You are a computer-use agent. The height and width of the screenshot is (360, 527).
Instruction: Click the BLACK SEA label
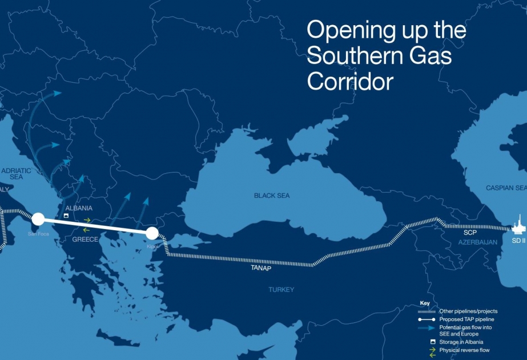tap(271, 195)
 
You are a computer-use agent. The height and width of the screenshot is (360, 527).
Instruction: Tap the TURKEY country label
tap(281, 290)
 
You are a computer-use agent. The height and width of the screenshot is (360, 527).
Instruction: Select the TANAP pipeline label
tap(260, 268)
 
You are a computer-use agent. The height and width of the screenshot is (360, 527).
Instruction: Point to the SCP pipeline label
tap(469, 234)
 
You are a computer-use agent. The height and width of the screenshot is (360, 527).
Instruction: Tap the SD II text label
tap(518, 241)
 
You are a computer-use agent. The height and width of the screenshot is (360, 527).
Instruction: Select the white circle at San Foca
tap(38, 218)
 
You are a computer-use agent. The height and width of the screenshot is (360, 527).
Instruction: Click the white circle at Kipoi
tap(152, 233)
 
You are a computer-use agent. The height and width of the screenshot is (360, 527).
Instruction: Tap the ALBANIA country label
tap(79, 209)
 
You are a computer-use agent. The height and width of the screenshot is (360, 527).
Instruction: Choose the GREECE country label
tap(85, 239)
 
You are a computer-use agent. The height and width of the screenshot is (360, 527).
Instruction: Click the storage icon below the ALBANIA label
tap(66, 217)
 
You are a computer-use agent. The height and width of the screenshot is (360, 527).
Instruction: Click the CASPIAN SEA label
tap(506, 188)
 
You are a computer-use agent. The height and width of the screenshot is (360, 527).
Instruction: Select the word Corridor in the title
tap(350, 81)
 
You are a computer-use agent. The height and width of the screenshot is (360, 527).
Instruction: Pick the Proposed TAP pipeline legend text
tap(466, 319)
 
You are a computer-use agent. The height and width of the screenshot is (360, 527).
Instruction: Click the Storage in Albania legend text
tap(465, 342)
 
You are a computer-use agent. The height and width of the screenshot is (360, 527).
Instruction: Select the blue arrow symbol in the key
tap(426, 328)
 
